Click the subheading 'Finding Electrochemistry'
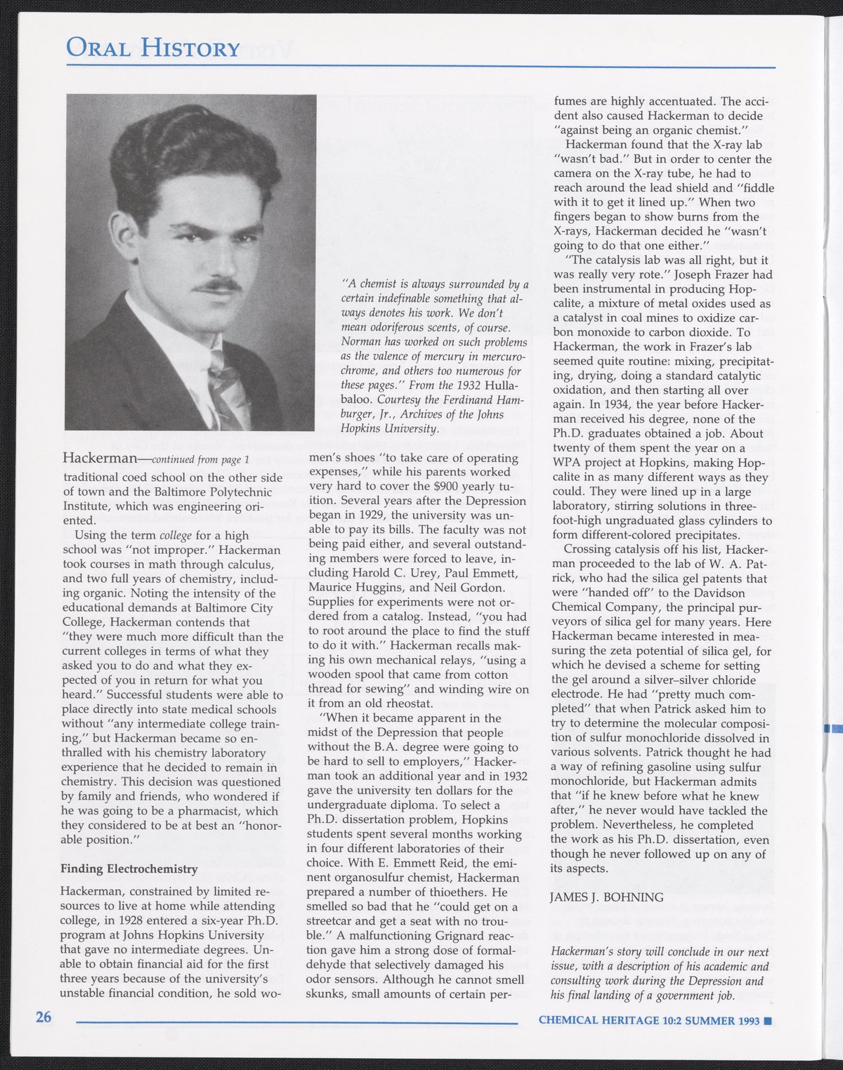pyautogui.click(x=129, y=869)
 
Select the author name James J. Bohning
pyautogui.click(x=606, y=897)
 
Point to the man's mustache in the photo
pyautogui.click(x=218, y=285)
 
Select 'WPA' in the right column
pyautogui.click(x=568, y=463)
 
